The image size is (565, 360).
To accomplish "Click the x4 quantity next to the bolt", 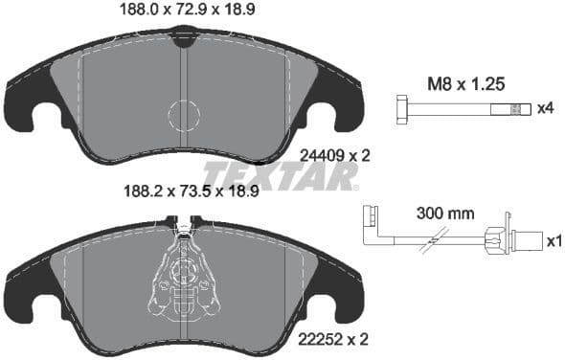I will pos(544,108).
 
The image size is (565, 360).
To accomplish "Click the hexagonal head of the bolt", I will pos(401,108).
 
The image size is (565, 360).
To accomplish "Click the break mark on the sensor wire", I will pos(441,241).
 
